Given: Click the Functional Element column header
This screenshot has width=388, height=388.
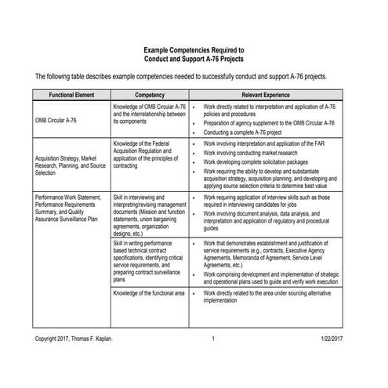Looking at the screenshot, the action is [x=71, y=94].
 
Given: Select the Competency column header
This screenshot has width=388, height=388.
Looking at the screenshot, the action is [x=149, y=94].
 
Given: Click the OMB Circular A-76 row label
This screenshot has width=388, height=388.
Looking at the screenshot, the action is [x=56, y=121].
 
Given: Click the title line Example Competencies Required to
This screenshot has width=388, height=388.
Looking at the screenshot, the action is [x=194, y=49].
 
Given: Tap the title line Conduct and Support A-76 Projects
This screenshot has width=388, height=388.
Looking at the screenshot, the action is [x=194, y=59].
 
